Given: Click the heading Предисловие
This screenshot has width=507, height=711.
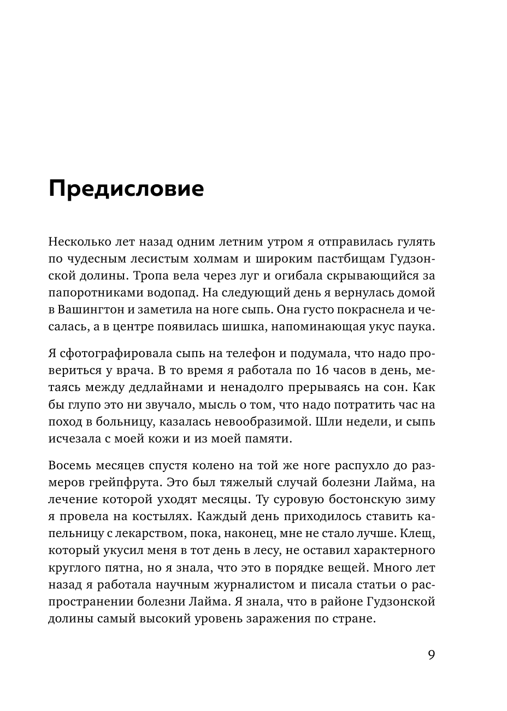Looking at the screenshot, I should click(x=126, y=189).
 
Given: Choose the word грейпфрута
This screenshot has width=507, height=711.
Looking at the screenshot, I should click(x=117, y=483).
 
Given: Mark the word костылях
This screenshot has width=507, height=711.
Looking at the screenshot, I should click(x=164, y=518).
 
